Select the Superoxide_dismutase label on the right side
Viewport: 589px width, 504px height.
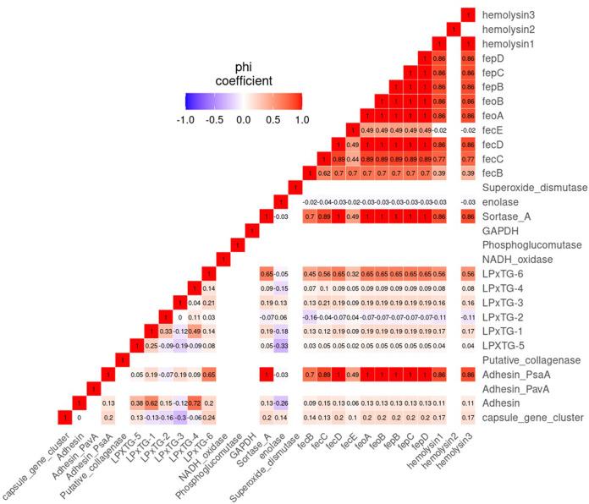[534, 187]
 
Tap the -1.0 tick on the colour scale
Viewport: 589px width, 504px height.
[184, 119]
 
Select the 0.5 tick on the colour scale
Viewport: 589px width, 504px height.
[272, 119]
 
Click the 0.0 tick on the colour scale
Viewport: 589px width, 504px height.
[243, 119]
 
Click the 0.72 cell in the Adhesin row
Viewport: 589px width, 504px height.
[193, 403]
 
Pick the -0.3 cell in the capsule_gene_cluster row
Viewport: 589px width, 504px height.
[179, 417]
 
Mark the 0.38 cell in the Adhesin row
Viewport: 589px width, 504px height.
[135, 403]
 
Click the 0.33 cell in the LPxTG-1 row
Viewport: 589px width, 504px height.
[164, 331]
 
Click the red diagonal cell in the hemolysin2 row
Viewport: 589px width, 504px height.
[452, 29]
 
